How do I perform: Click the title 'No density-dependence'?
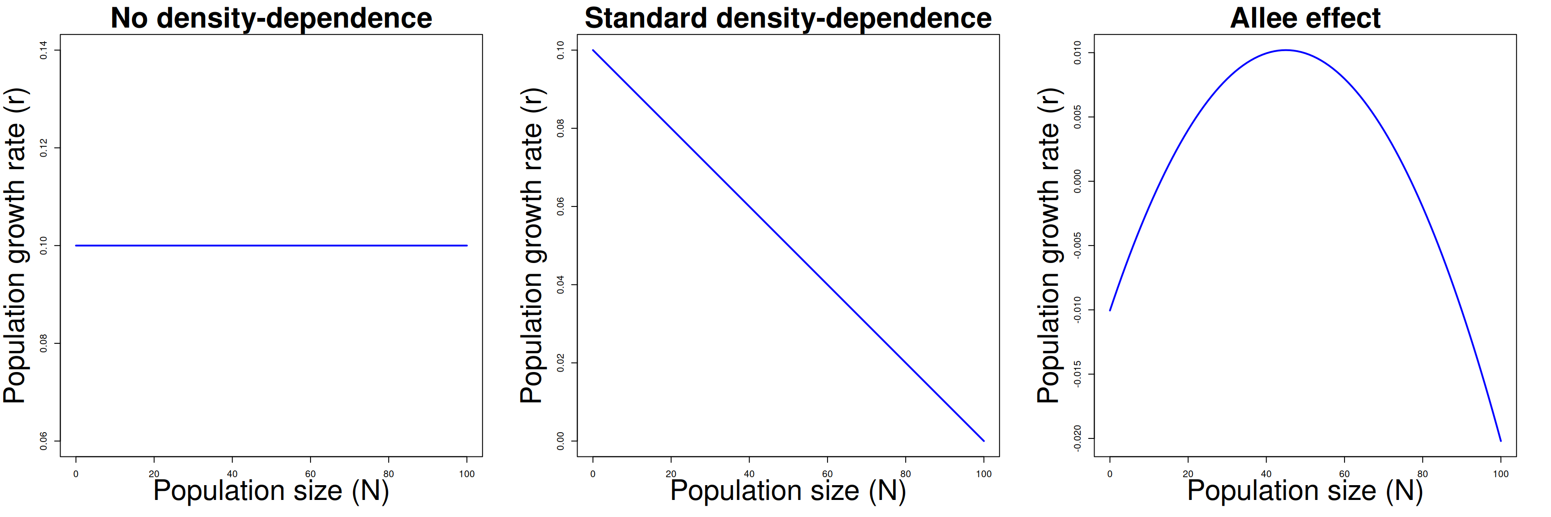[x=271, y=18]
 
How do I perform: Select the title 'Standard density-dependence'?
[x=788, y=18]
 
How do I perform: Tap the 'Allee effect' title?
[x=1306, y=18]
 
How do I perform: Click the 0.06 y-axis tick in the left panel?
[x=44, y=441]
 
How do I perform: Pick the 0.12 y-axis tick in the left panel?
[x=44, y=148]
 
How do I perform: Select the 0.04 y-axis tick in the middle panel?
[x=561, y=285]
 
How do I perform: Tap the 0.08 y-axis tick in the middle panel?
[x=561, y=128]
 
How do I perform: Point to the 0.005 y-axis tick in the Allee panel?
[x=1077, y=117]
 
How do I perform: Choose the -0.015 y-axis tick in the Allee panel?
[x=1077, y=374]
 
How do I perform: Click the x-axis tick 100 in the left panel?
[x=467, y=474]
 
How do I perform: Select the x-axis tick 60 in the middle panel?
[x=827, y=474]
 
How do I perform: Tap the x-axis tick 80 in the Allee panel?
[x=1422, y=474]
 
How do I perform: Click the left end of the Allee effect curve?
[x=1110, y=310]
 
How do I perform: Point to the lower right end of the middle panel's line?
[x=984, y=441]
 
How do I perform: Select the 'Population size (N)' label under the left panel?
[x=271, y=491]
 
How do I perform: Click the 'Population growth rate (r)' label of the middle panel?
[x=532, y=245]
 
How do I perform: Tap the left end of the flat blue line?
[x=76, y=245]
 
